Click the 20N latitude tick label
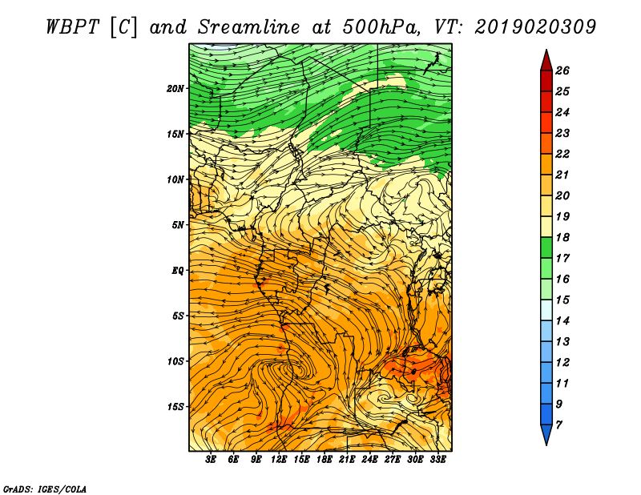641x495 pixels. pos(175,89)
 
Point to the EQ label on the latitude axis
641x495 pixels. pos(178,271)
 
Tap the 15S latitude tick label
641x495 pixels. pos(175,407)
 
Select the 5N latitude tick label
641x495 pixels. pos(178,225)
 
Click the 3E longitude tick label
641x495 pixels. pos(211,460)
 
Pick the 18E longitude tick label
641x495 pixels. pos(325,460)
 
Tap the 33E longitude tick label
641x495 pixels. pos(437,460)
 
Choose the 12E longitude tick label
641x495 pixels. pos(279,460)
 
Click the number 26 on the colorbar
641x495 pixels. pos(562,70)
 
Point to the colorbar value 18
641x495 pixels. pos(562,237)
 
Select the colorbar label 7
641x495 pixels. pos(558,425)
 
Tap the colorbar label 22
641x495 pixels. pos(562,154)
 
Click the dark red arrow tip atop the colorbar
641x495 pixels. pos(546,50)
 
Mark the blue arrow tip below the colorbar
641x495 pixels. pos(546,445)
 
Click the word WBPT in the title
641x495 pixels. pos(73,27)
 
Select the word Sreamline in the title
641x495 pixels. pos(249,27)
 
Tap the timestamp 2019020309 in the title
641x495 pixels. pos(535,27)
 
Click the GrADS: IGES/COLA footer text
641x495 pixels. pos(45,489)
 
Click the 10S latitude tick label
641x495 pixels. pos(175,361)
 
